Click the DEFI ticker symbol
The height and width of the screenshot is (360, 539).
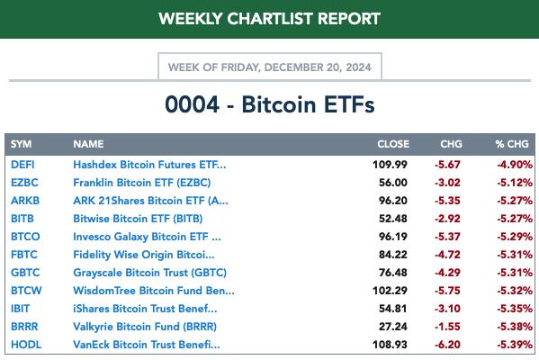pyautogui.click(x=22, y=165)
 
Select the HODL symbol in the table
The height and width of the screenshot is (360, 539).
pyautogui.click(x=26, y=345)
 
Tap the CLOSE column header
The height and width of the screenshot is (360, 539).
pyautogui.click(x=393, y=144)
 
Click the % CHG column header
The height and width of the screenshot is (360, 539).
pyautogui.click(x=512, y=144)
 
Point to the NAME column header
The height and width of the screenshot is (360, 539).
pyautogui.click(x=88, y=144)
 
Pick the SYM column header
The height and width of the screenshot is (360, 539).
pyautogui.click(x=21, y=144)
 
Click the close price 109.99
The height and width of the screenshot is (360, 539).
pyautogui.click(x=390, y=165)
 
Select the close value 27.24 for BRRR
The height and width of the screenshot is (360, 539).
pyautogui.click(x=393, y=327)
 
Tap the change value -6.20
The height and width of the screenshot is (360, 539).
pyautogui.click(x=447, y=345)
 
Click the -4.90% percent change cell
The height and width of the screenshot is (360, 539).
pyautogui.click(x=515, y=165)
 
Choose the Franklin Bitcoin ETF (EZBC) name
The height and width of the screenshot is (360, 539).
pyautogui.click(x=142, y=183)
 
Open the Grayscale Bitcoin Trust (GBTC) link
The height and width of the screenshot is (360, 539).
pyautogui.click(x=150, y=273)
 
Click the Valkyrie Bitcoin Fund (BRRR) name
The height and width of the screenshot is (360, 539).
pyautogui.click(x=145, y=327)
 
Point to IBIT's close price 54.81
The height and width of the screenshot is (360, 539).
pyautogui.click(x=393, y=309)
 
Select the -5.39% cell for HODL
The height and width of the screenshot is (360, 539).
pyautogui.click(x=515, y=345)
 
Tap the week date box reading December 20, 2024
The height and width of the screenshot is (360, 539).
pyautogui.click(x=270, y=67)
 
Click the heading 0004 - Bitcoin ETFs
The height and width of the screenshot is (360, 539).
pyautogui.click(x=270, y=104)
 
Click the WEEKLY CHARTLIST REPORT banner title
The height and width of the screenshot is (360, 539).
pyautogui.click(x=270, y=19)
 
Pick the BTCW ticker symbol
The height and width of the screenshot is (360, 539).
pyautogui.click(x=26, y=291)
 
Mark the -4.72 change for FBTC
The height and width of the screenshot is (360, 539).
pyautogui.click(x=447, y=255)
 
